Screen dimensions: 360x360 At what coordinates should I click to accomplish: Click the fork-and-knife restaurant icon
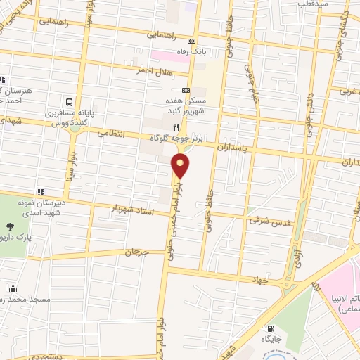176,129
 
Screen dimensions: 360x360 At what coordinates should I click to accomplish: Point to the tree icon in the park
11,226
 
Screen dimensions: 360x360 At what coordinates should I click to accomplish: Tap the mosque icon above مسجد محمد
13,288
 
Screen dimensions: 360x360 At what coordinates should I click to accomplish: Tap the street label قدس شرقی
264,220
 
